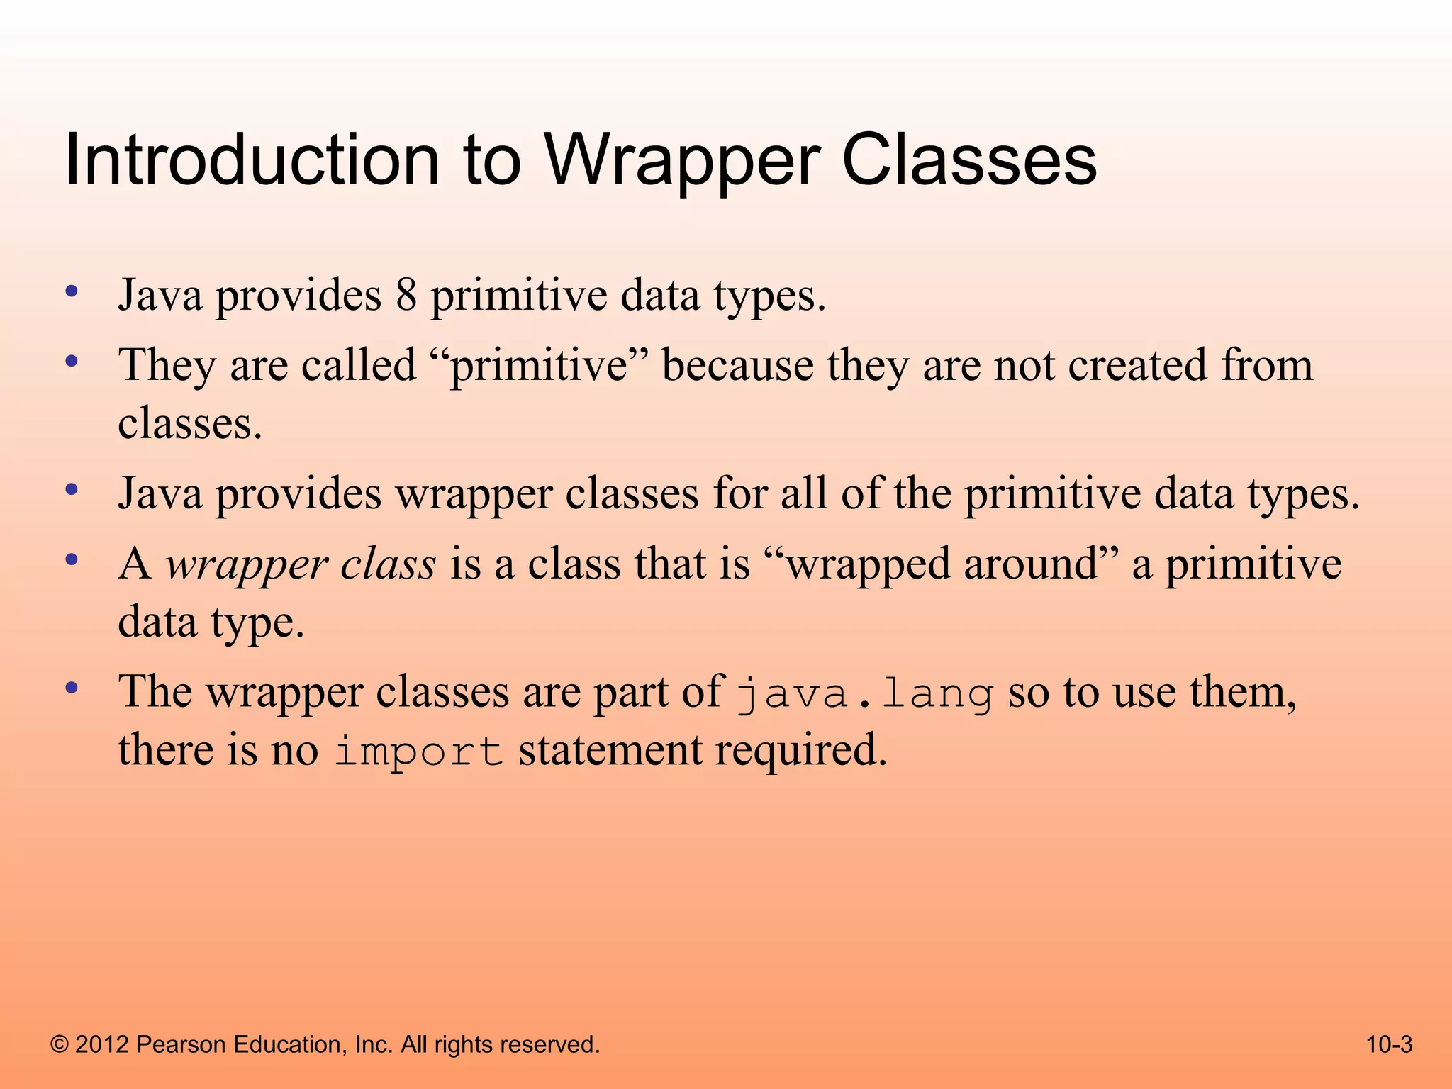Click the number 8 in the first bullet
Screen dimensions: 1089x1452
pyautogui.click(x=406, y=295)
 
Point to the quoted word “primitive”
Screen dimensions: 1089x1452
pyautogui.click(x=540, y=367)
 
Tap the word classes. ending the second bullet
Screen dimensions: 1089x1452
pyautogui.click(x=190, y=424)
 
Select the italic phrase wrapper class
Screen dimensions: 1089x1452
pyautogui.click(x=301, y=565)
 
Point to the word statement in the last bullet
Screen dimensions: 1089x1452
pyautogui.click(x=609, y=751)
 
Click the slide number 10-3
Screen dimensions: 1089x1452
pyautogui.click(x=1389, y=1044)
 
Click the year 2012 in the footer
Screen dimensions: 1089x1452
pyautogui.click(x=101, y=1044)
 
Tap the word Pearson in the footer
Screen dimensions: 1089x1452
pyautogui.click(x=180, y=1044)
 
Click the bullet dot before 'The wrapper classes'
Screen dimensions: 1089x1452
pyautogui.click(x=71, y=688)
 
